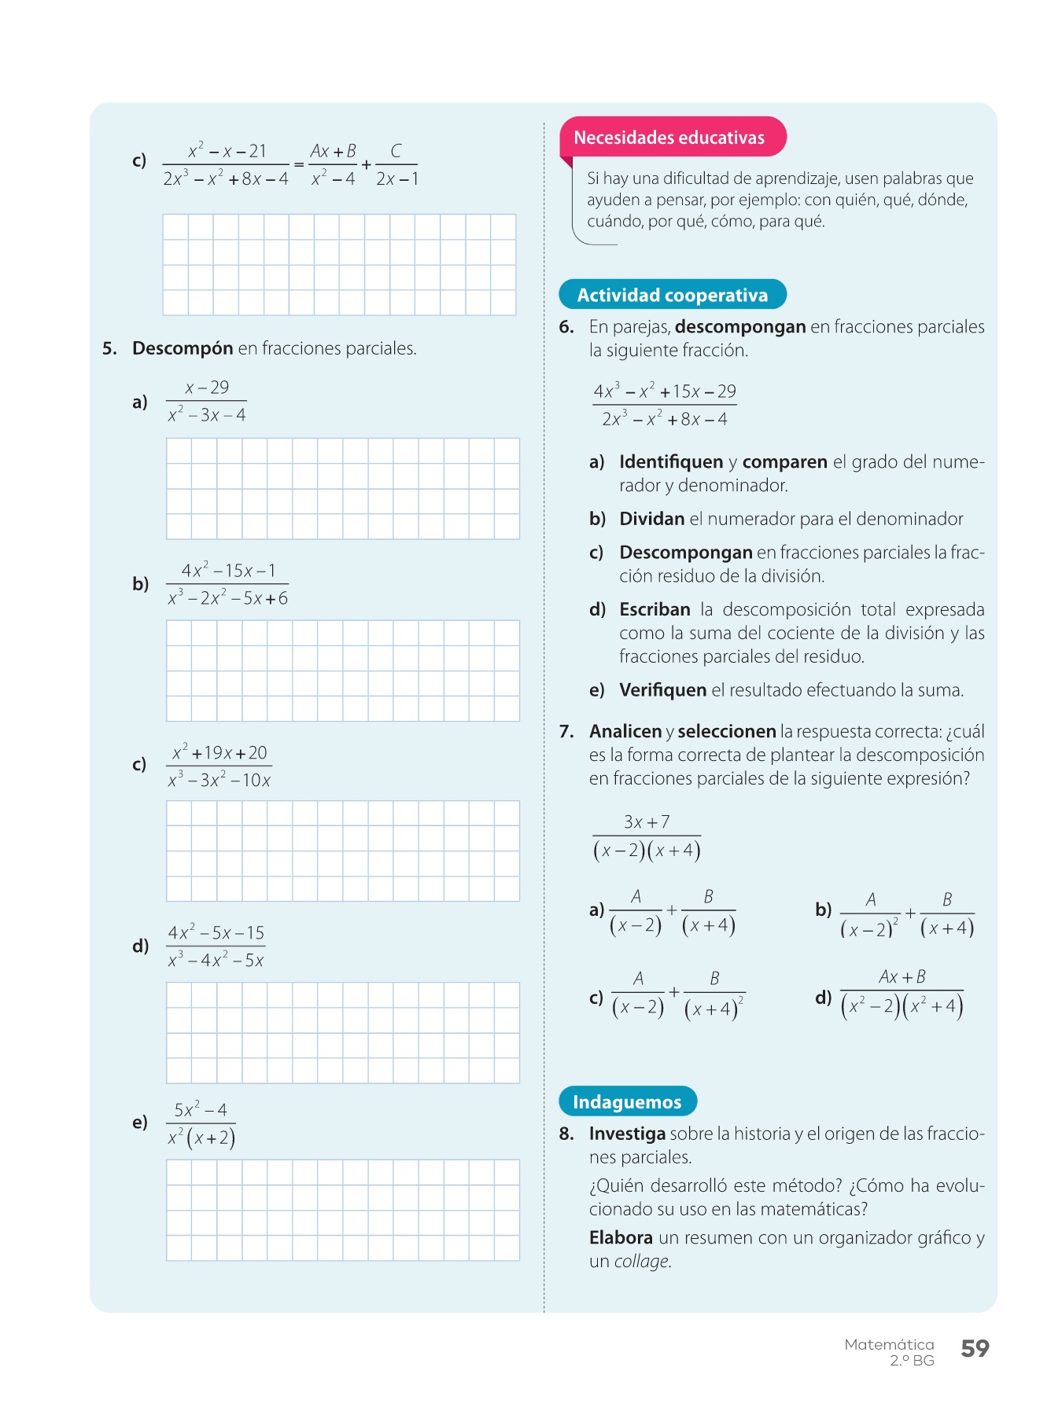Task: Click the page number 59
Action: [x=975, y=1348]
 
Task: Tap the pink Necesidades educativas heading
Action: [x=669, y=138]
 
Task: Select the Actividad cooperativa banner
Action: [x=672, y=295]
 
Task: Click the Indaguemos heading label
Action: [x=627, y=1101]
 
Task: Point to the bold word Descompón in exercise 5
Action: [x=183, y=348]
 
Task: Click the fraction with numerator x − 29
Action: [x=206, y=401]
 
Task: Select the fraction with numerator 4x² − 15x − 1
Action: [x=227, y=584]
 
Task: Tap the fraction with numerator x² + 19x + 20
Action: [x=219, y=766]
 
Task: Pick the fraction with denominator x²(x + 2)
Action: [x=201, y=1123]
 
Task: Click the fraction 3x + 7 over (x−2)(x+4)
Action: [x=647, y=836]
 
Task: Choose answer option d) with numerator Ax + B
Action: [x=902, y=992]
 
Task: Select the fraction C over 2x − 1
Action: [x=396, y=164]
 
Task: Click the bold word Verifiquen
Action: [x=662, y=690]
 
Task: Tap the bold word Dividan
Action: [x=651, y=519]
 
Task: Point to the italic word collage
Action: [x=641, y=1261]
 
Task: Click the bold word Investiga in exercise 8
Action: [x=627, y=1134]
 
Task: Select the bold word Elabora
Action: [x=621, y=1237]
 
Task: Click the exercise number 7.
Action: [x=566, y=731]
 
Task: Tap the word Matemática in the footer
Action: [x=889, y=1344]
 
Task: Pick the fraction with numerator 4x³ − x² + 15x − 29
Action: [x=665, y=405]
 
